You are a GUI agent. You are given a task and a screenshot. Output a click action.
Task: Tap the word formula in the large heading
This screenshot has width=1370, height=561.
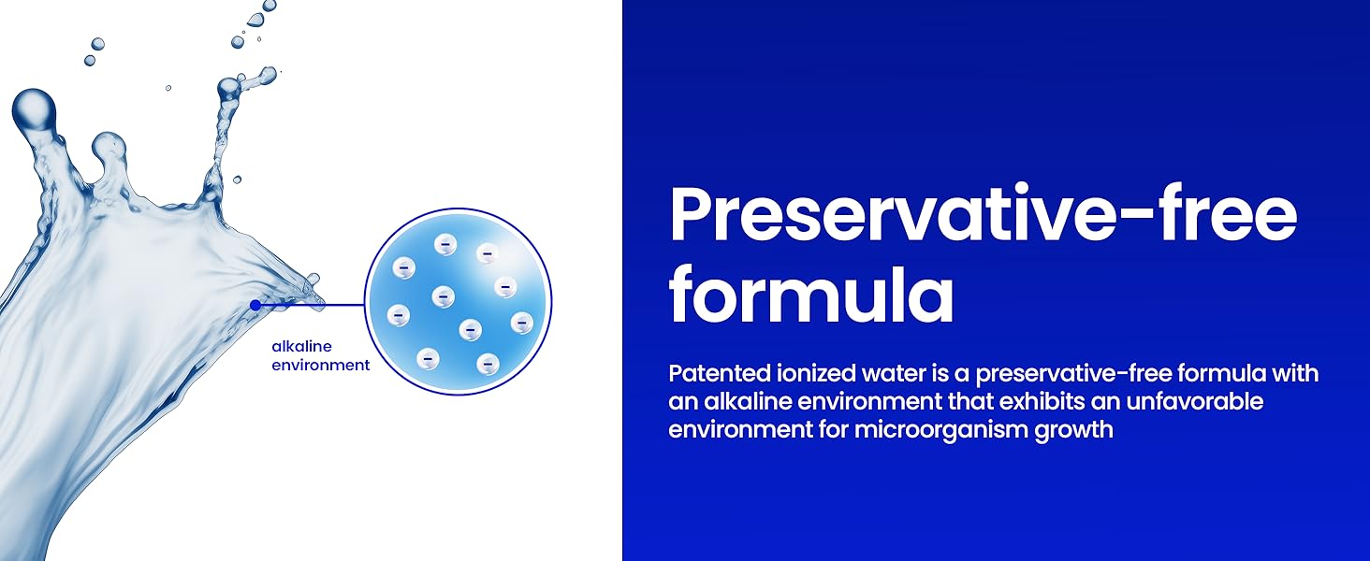pos(811,294)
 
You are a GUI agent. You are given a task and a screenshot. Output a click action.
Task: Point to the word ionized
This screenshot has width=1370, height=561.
pos(813,374)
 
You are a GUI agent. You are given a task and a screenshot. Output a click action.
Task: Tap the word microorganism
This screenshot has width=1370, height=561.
pos(948,432)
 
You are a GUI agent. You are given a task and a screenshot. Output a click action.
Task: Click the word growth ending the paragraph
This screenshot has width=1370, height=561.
pos(1080,432)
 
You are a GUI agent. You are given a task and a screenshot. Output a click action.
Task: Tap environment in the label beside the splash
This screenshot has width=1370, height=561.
pos(321,365)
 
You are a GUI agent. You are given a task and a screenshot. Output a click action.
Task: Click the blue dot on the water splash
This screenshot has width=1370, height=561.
pos(255,305)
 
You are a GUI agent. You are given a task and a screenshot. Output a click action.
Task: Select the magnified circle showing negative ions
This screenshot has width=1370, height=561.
pos(458,301)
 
